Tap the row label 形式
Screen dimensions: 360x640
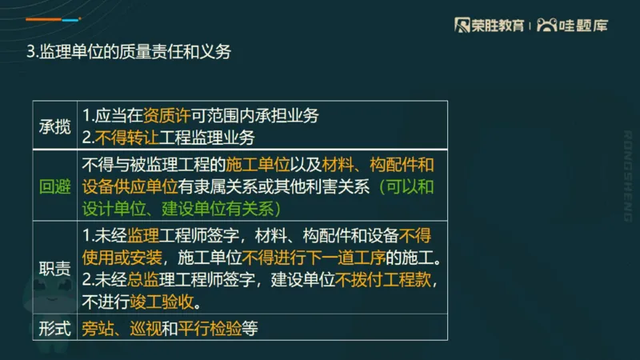pyautogui.click(x=55, y=328)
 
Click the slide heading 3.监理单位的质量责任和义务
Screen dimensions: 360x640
pyautogui.click(x=129, y=53)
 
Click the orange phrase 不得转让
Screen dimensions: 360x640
pyautogui.click(x=121, y=137)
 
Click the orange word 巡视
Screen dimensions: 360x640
pyautogui.click(x=145, y=328)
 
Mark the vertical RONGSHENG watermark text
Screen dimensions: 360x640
pyautogui.click(x=627, y=175)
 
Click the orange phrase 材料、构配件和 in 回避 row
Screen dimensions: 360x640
pyautogui.click(x=379, y=166)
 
